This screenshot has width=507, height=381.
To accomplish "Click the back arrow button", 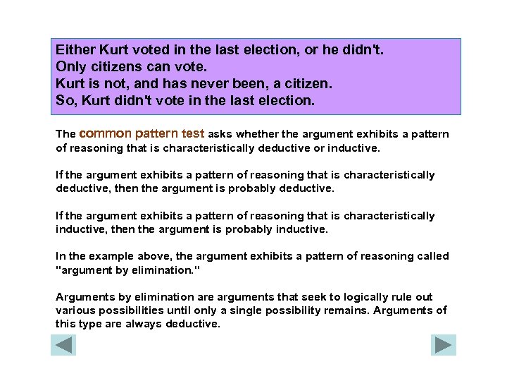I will (x=63, y=345).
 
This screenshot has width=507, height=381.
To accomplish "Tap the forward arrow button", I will (x=444, y=345).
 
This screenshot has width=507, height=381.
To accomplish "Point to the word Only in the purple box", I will (x=70, y=68).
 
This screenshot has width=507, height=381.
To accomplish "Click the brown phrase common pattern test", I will (x=144, y=133).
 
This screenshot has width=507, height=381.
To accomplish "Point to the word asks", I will (x=221, y=134).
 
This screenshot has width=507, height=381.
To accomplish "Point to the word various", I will (x=74, y=310).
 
